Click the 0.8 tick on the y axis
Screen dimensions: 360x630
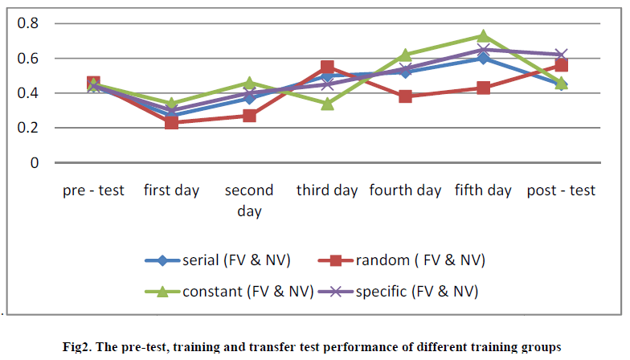coord(29,23)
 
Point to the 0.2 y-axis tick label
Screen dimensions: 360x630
coord(29,128)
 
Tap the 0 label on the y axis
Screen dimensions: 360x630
coord(35,162)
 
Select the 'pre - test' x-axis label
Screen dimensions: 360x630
coord(93,191)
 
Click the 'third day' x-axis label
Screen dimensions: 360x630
coord(327,191)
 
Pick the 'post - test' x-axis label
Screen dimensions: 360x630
coord(561,191)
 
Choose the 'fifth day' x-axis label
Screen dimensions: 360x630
coord(483,191)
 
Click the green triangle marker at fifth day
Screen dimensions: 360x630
coord(483,36)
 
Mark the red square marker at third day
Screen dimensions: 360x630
coord(327,67)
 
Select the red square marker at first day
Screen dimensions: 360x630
coord(171,122)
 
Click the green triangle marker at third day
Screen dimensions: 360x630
coord(327,104)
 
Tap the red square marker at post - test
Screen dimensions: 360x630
coord(561,66)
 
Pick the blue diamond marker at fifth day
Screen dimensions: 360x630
coord(483,58)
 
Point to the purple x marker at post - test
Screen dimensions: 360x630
coord(561,55)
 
